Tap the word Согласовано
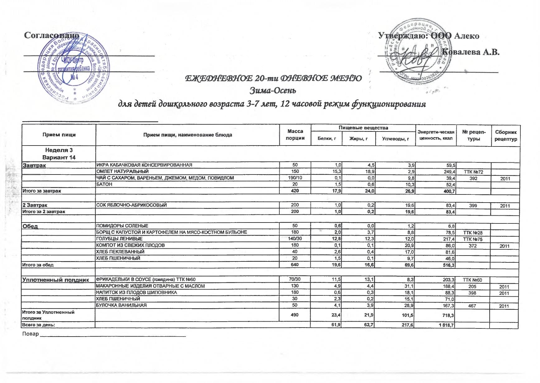[52, 36]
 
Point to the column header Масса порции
[295, 135]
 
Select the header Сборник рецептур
[505, 136]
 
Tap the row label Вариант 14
[59, 157]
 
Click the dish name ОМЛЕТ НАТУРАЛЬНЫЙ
[122, 171]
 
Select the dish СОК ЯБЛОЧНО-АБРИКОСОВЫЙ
[131, 205]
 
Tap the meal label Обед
[30, 226]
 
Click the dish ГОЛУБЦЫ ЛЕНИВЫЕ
[119, 239]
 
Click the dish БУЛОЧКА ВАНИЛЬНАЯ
[121, 305]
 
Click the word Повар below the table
[30, 334]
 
